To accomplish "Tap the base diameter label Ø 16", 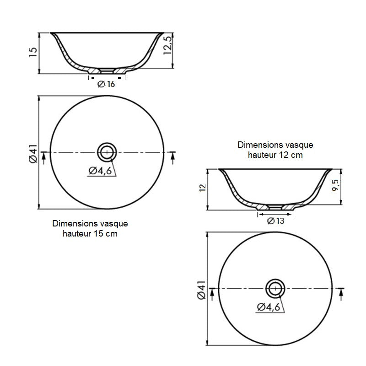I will click(106, 84).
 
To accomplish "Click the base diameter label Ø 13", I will click(275, 221).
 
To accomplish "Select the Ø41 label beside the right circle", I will click(201, 290).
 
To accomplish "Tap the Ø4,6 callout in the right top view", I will click(269, 307).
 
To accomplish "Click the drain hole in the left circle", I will click(107, 151).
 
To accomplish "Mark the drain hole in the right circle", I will click(275, 288).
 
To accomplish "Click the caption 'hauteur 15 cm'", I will click(90, 234).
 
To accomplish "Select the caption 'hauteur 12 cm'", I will click(275, 155).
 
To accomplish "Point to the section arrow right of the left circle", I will click(172, 157).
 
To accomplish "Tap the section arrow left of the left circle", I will click(43, 157).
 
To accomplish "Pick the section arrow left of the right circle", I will click(212, 293).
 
